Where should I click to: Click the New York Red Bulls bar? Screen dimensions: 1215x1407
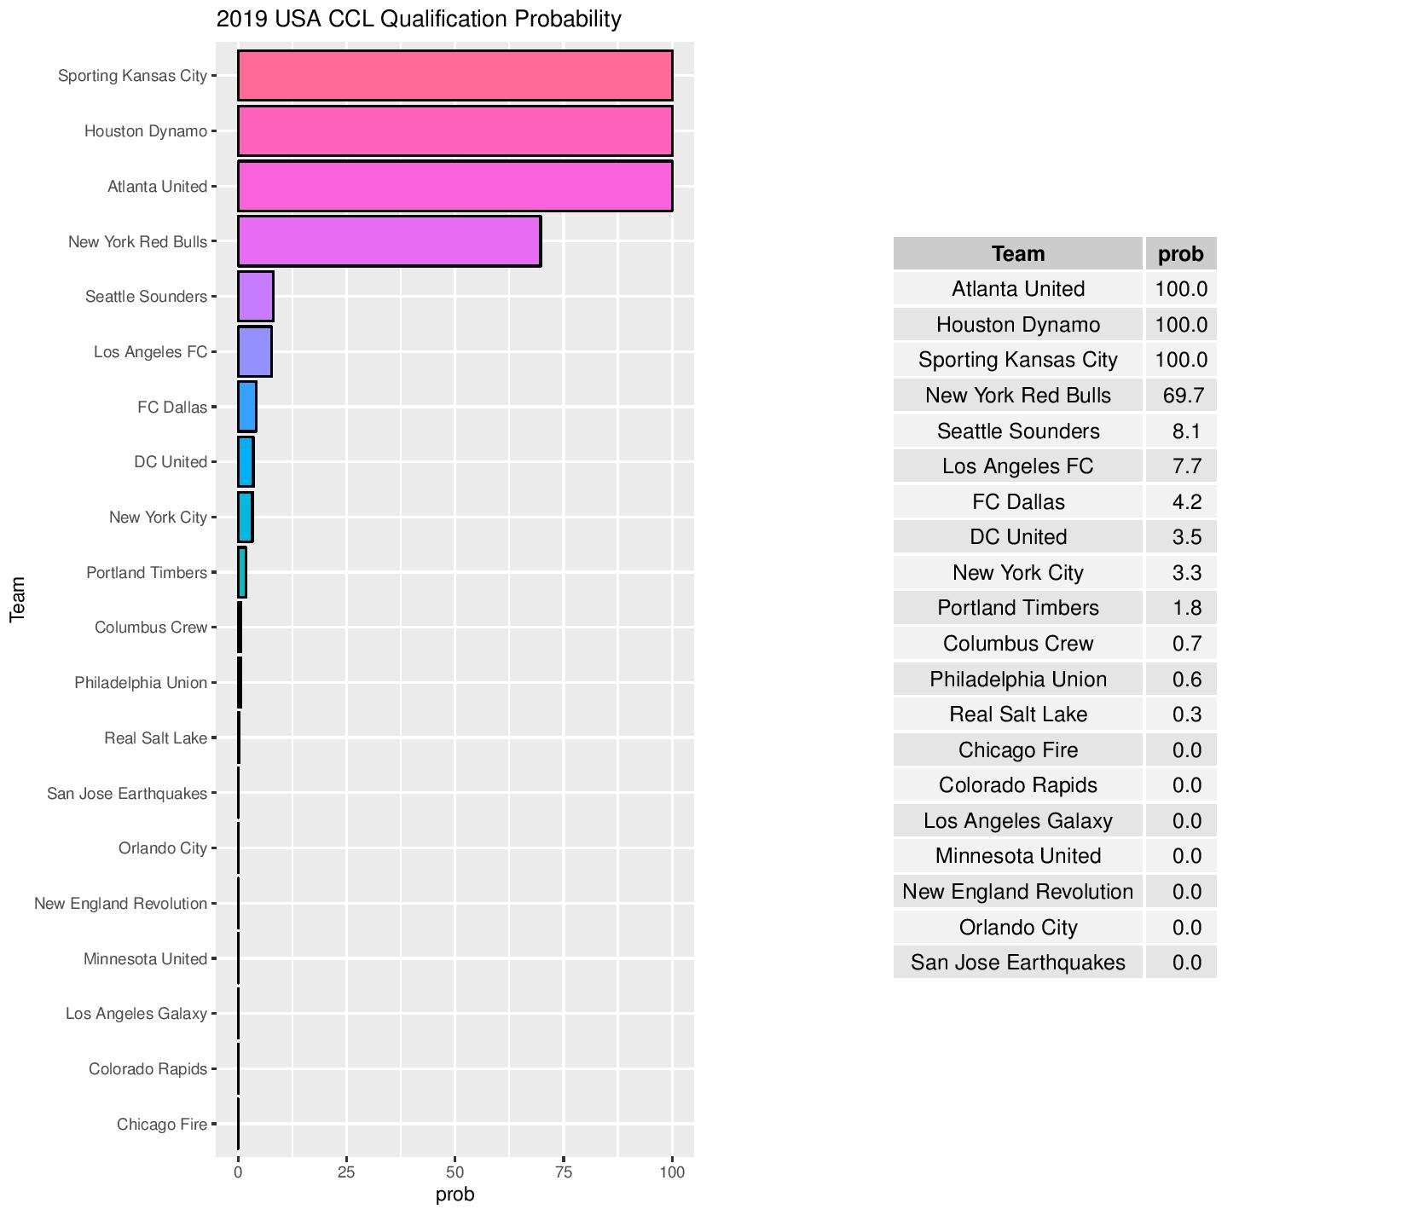click(x=389, y=241)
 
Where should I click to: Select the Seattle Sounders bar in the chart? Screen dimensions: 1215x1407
click(x=256, y=297)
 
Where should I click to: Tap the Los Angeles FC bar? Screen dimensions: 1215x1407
click(x=255, y=351)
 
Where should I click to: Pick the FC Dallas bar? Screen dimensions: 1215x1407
click(x=247, y=407)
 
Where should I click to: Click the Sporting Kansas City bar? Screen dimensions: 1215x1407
click(x=455, y=76)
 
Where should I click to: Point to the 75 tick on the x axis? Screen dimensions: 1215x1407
click(x=564, y=1172)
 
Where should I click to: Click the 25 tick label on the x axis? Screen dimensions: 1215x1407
click(x=346, y=1172)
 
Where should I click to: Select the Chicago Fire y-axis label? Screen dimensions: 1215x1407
click(x=162, y=1125)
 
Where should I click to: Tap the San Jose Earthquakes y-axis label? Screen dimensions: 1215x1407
click(x=127, y=794)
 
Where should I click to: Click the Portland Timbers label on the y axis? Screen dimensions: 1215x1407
click(x=147, y=573)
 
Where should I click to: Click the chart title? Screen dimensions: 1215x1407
click(x=419, y=19)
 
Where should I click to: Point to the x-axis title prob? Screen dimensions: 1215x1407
click(x=455, y=1195)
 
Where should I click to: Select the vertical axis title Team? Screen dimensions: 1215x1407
click(x=17, y=599)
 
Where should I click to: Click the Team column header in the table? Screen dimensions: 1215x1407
click(x=1017, y=254)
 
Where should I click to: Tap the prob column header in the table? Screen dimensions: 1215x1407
click(x=1181, y=254)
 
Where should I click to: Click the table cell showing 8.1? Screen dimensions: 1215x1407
click(x=1186, y=431)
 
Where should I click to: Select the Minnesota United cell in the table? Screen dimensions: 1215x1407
click(x=1017, y=856)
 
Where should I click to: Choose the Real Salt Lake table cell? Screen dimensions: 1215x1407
click(x=1017, y=715)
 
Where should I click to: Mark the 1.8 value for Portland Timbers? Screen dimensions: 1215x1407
click(x=1186, y=608)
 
